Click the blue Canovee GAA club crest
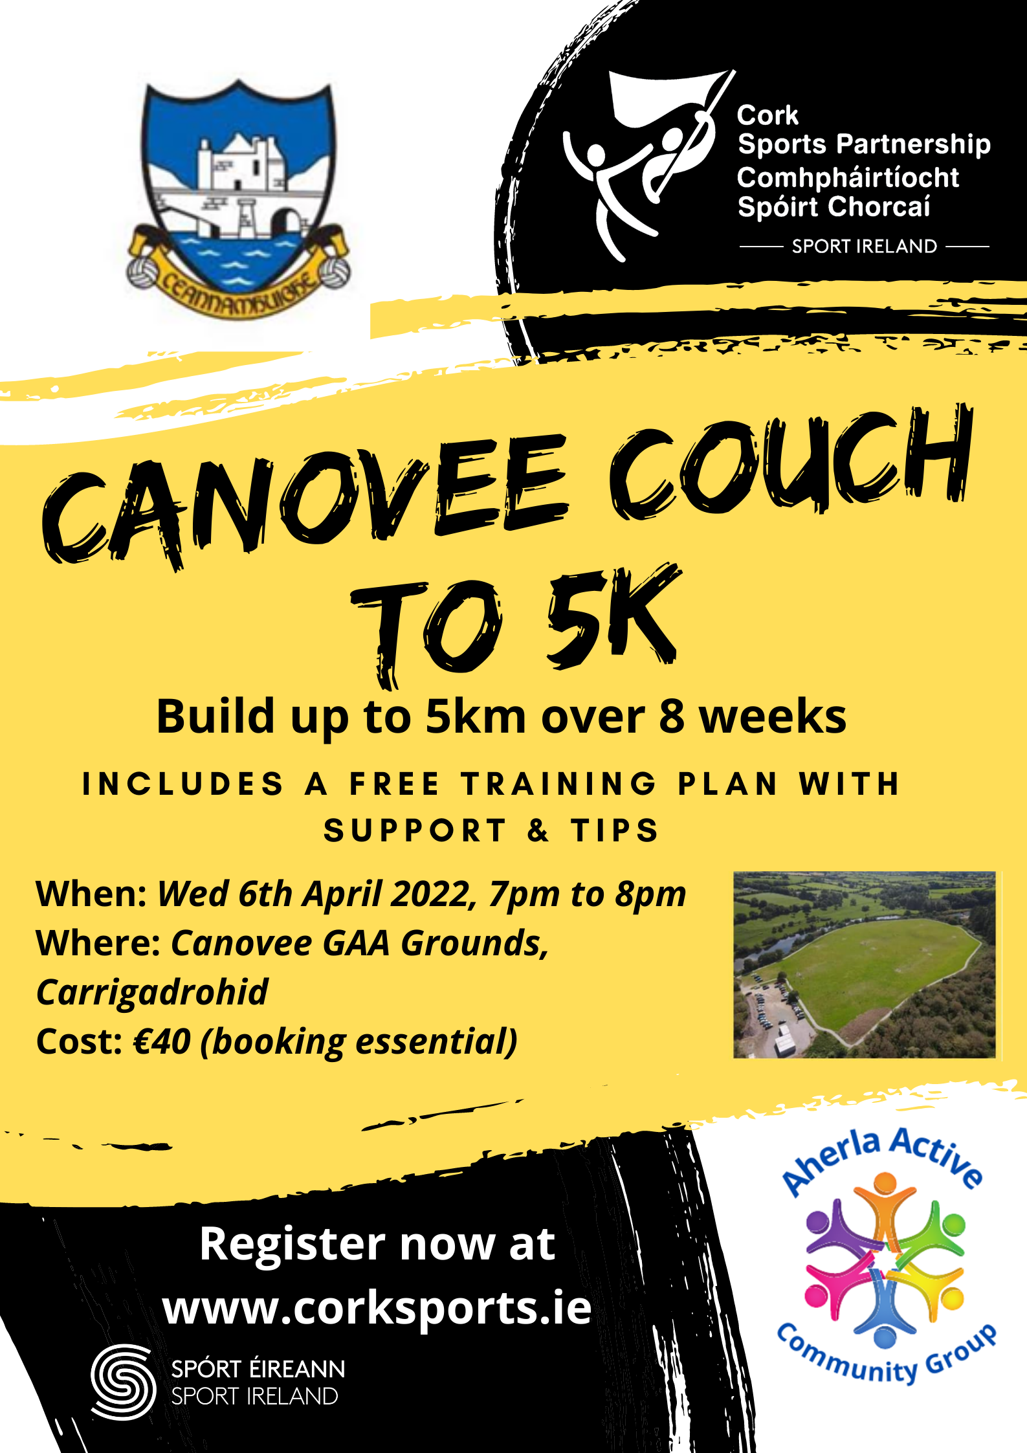pos(238,201)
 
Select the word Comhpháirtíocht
pos(848,177)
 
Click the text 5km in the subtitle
pos(475,717)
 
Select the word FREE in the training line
pos(395,784)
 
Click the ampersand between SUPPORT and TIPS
pos(538,830)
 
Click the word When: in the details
pos(92,894)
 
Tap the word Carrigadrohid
pos(152,992)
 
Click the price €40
pos(162,1042)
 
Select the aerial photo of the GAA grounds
pos(864,964)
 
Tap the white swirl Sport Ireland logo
pos(123,1382)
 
